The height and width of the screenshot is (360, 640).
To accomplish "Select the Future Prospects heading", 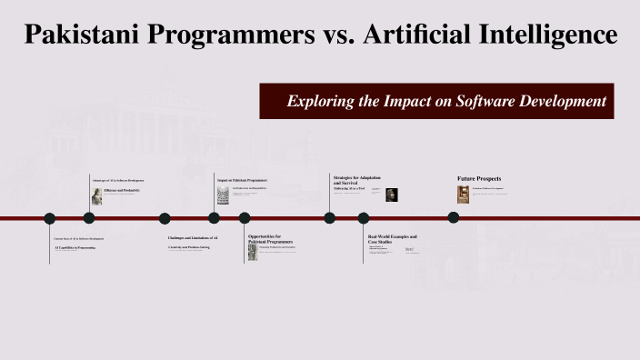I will click(x=479, y=178).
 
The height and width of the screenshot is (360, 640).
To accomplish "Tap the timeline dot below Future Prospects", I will click(x=453, y=217).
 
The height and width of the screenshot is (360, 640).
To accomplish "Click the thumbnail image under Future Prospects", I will click(x=464, y=194).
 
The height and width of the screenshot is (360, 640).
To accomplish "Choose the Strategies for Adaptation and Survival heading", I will click(x=356, y=179).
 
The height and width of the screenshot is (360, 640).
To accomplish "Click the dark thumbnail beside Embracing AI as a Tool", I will click(x=391, y=195).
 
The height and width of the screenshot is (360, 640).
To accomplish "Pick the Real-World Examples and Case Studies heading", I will click(x=392, y=239).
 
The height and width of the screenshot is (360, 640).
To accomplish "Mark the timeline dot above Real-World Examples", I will click(x=364, y=218).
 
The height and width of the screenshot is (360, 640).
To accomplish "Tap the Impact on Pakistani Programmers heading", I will click(x=242, y=180).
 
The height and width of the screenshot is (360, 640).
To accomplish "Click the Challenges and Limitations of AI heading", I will click(x=192, y=238).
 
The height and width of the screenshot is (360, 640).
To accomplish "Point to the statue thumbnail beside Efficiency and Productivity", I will click(x=96, y=193).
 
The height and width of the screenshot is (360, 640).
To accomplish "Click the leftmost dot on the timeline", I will click(x=50, y=218).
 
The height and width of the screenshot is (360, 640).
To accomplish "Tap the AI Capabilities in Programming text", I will click(x=75, y=246).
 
